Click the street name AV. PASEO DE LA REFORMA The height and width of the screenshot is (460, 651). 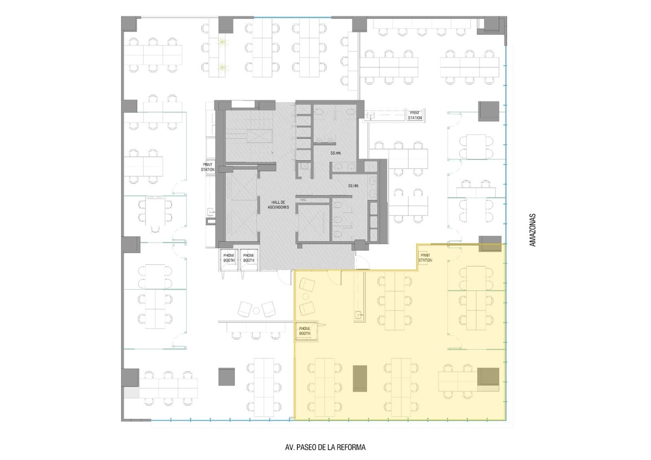[325, 447]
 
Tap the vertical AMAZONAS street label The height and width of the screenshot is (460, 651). [532, 230]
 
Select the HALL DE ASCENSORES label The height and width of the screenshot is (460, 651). [278, 205]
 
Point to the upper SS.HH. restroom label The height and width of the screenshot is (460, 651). [336, 153]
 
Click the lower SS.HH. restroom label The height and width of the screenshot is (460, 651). [353, 186]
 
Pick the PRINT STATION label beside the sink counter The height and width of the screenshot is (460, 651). [414, 115]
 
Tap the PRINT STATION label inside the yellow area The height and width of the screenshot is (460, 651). [425, 258]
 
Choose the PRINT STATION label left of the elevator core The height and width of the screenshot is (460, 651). [208, 167]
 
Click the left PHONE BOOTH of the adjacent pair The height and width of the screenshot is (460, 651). [229, 258]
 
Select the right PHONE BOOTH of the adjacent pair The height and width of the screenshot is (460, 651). [248, 258]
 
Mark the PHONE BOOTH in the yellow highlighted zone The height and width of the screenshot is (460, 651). [304, 331]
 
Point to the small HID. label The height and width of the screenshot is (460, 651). [303, 200]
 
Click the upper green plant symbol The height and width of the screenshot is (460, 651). [223, 43]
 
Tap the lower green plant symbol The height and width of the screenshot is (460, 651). [223, 68]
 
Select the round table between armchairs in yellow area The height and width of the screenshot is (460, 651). [305, 296]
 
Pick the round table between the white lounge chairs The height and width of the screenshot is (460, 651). [256, 311]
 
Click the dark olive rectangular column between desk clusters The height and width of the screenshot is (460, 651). [360, 378]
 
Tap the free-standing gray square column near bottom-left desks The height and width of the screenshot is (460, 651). [226, 377]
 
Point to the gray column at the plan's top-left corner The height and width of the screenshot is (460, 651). [129, 24]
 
